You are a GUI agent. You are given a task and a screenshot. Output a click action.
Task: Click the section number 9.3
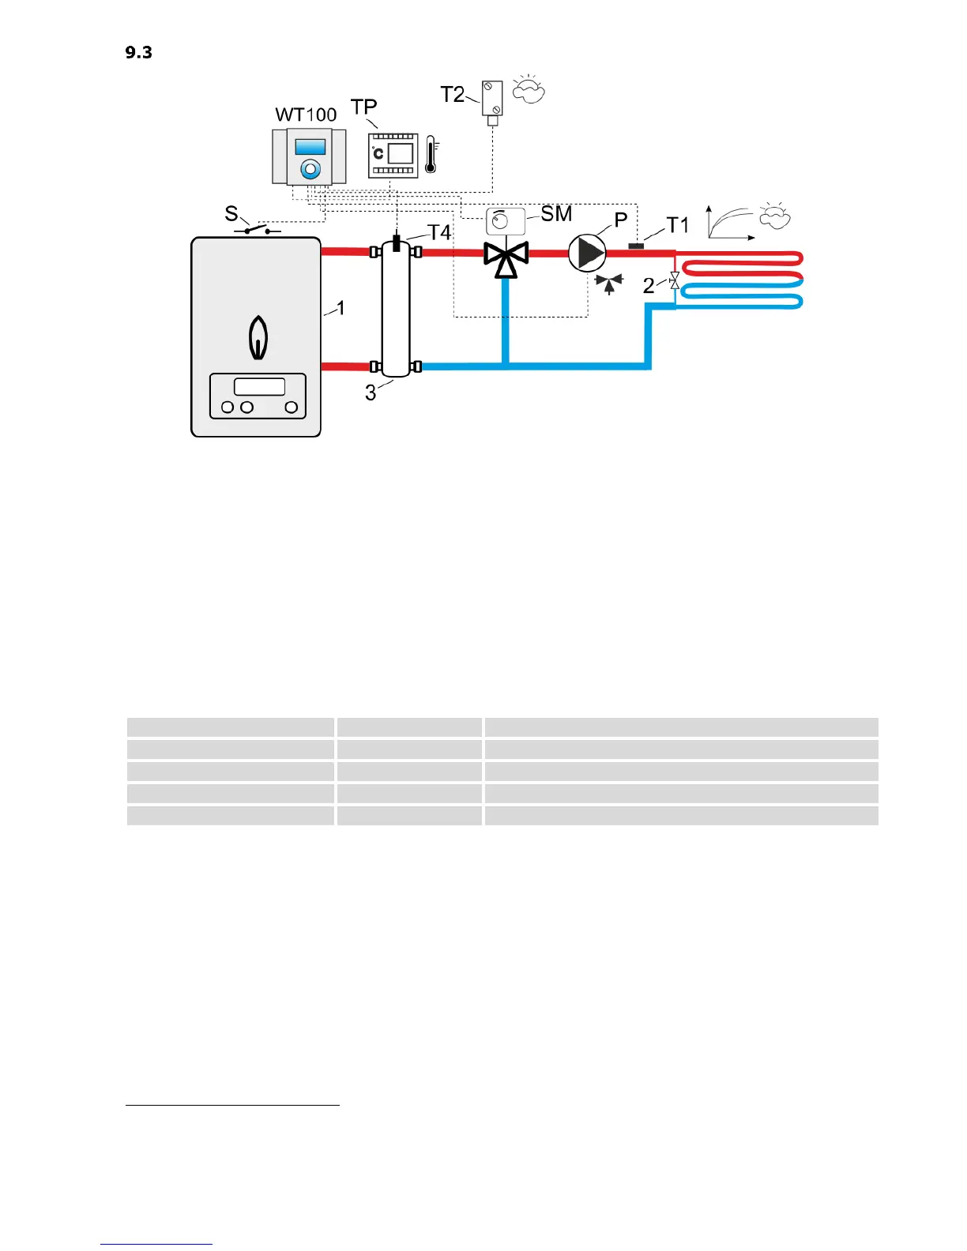click(138, 53)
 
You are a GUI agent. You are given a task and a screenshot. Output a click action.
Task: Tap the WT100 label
click(306, 115)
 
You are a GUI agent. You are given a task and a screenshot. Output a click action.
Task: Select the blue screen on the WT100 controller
click(310, 147)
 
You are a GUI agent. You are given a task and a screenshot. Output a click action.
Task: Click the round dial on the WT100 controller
click(310, 169)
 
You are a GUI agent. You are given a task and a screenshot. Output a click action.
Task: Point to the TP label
click(363, 107)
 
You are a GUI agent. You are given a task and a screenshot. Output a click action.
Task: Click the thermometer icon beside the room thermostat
click(431, 155)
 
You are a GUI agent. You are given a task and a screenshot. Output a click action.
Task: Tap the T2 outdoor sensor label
click(453, 95)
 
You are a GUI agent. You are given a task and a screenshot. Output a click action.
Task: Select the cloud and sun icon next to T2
click(529, 90)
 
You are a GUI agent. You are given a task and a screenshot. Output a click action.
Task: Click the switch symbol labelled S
click(257, 230)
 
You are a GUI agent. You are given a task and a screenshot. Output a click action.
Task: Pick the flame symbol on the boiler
click(258, 337)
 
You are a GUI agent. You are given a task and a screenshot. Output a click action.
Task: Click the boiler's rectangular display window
click(259, 386)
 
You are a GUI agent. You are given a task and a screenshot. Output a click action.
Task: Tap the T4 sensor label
click(439, 232)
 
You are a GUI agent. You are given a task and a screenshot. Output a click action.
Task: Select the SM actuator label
click(556, 213)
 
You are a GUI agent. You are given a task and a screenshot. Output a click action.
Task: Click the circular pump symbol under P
click(587, 253)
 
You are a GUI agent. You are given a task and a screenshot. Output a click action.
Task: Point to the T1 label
click(678, 225)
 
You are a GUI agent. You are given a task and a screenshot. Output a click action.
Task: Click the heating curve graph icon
click(730, 222)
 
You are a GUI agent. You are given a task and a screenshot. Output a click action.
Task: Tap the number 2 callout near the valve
click(649, 286)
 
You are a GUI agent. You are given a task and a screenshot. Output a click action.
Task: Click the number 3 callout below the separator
click(371, 393)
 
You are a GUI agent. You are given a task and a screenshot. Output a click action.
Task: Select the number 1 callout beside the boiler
click(341, 307)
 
